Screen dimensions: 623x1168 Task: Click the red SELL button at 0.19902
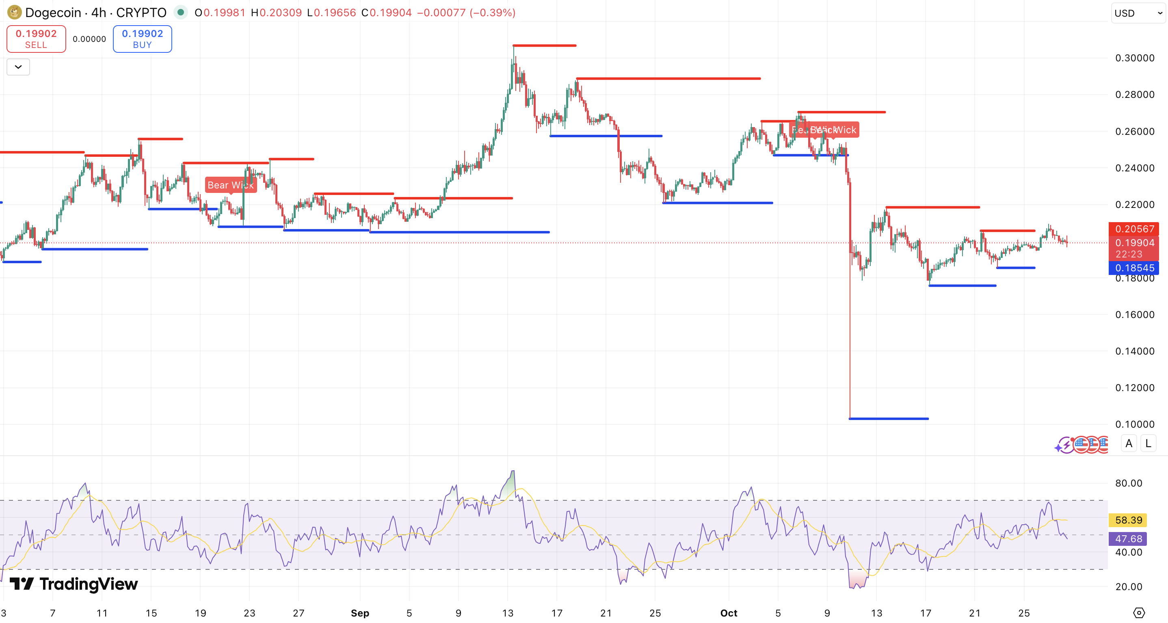(x=36, y=39)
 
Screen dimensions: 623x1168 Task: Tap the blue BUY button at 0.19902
(x=143, y=39)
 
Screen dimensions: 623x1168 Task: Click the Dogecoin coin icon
(x=14, y=12)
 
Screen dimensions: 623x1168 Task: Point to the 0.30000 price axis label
(x=1134, y=58)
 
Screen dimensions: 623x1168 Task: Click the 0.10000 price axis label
(x=1134, y=424)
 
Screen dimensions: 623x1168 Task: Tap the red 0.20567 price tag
(x=1133, y=229)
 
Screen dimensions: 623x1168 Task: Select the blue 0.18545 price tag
(x=1133, y=268)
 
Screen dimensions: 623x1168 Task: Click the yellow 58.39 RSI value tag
(x=1128, y=520)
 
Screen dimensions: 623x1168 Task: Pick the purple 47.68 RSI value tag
(x=1128, y=539)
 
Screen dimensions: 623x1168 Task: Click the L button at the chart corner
(x=1148, y=443)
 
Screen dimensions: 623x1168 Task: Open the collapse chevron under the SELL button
(x=18, y=67)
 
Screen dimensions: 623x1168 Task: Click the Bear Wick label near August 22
(x=230, y=185)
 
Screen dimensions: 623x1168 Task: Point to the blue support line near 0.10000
(x=888, y=418)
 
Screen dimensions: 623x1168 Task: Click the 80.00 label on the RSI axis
(x=1128, y=483)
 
